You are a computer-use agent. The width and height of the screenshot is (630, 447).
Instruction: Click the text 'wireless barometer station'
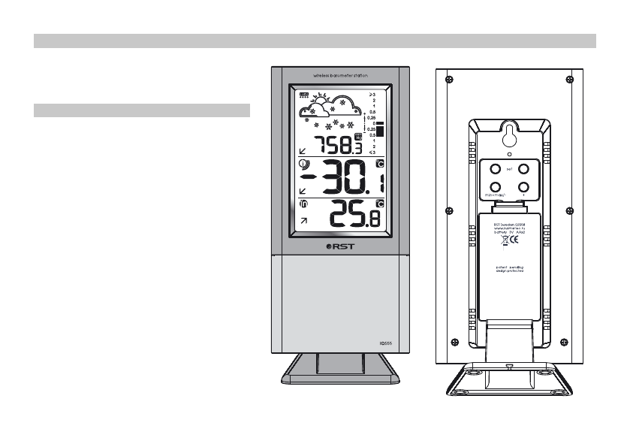click(340, 74)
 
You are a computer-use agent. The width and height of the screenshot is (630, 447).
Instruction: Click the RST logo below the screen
click(339, 246)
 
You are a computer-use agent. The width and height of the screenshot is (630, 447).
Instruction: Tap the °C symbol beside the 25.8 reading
click(380, 204)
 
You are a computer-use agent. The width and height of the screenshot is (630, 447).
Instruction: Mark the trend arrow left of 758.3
click(303, 150)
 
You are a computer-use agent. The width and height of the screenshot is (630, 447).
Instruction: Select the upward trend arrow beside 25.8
click(303, 221)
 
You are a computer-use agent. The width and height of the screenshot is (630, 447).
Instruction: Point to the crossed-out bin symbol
click(502, 243)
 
